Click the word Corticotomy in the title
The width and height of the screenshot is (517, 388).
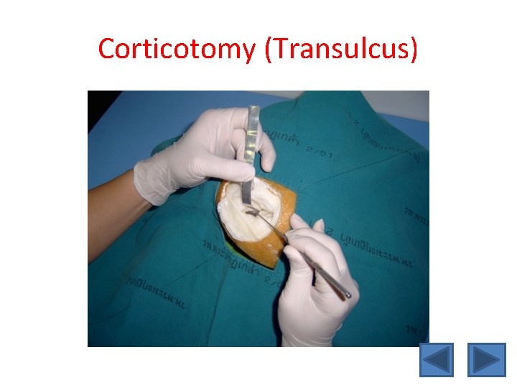click(x=176, y=49)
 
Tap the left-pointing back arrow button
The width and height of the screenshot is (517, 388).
click(x=437, y=359)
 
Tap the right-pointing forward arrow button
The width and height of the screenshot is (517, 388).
click(x=486, y=359)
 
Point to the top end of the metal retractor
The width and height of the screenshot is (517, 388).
click(x=253, y=109)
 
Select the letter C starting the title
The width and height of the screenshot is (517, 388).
click(x=107, y=49)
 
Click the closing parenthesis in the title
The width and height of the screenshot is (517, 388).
click(x=413, y=49)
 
